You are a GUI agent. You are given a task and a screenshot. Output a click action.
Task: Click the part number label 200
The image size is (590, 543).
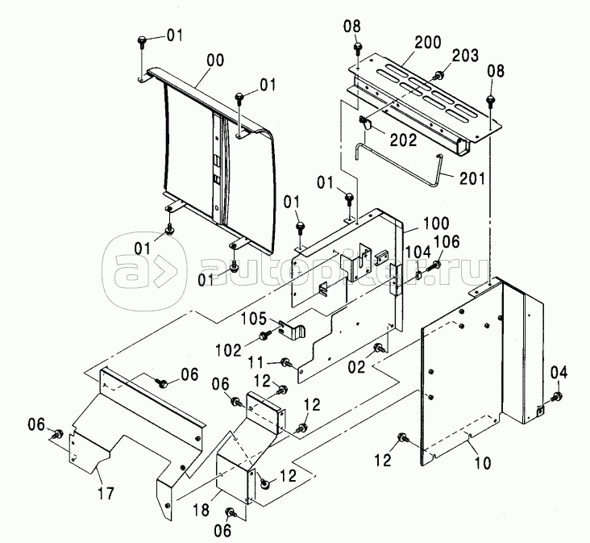coord(428,42)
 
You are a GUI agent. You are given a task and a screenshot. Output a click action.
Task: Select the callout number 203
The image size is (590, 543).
coord(465,56)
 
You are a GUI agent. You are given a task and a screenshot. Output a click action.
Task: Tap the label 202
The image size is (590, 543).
coord(403,140)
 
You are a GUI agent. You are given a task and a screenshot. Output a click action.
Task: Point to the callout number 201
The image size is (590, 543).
coord(472,178)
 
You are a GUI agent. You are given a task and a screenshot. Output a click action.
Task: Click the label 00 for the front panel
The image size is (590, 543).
coord(215,61)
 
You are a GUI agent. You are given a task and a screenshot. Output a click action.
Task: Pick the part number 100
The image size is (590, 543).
coord(436,223)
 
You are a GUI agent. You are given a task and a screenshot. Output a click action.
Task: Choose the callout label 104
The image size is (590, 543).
coord(418,252)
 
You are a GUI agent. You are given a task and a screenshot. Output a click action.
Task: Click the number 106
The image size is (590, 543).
coord(447,241)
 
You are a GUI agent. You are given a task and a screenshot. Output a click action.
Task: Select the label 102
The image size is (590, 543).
coord(228,351)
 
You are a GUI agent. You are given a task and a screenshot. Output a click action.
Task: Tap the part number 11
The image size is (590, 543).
coord(256,362)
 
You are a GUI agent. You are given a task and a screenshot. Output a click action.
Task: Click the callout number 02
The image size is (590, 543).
coord(356,366)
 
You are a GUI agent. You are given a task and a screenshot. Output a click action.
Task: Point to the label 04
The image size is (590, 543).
coord(559,373)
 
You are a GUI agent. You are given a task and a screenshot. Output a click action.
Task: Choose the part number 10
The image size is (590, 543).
coord(483,463)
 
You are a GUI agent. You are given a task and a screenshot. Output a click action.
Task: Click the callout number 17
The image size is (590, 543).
coord(106,493)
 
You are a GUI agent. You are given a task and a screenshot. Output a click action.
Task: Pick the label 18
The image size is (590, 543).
coord(201,510)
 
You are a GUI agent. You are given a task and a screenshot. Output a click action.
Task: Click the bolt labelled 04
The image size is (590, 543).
coord(556,396)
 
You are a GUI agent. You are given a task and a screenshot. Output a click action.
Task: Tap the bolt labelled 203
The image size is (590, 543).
coord(438,75)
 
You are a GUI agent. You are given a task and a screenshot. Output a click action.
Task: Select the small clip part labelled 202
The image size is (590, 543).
coord(364,123)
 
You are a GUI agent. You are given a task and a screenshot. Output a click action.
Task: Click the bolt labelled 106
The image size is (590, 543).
coord(434,265)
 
